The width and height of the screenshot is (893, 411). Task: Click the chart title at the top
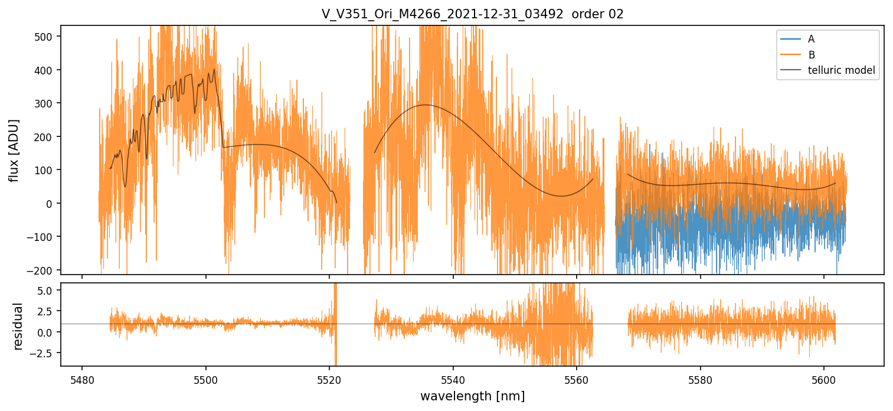click(x=472, y=14)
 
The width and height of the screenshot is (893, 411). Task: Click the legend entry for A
click(x=811, y=39)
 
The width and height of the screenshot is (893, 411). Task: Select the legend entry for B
click(x=811, y=55)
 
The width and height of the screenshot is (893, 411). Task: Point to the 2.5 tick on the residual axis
click(x=48, y=311)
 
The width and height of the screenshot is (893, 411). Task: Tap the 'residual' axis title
click(x=18, y=326)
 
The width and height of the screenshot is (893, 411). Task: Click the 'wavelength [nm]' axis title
click(x=472, y=396)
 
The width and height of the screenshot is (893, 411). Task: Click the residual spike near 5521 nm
click(x=335, y=295)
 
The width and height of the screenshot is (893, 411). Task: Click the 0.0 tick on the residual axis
click(x=48, y=332)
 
